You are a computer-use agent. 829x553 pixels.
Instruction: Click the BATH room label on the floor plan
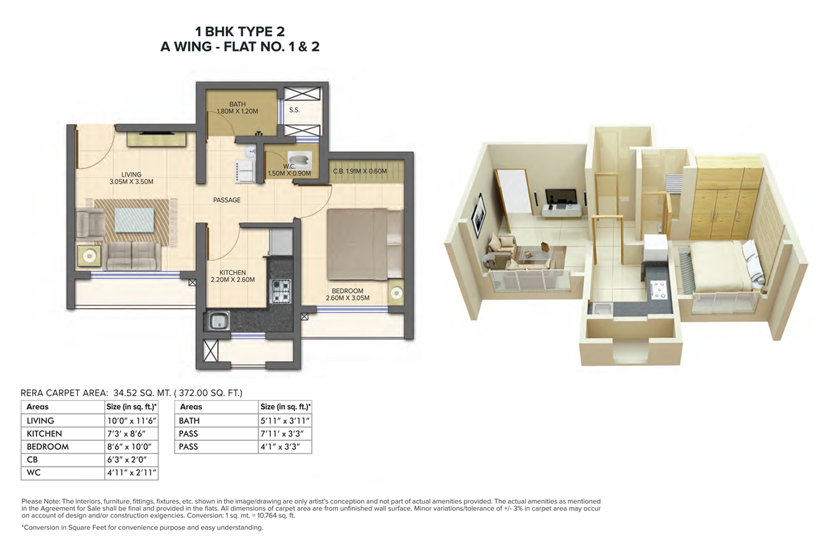[237, 104]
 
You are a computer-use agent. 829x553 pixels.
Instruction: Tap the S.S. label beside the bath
[294, 110]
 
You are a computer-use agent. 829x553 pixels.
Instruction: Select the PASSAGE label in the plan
[227, 200]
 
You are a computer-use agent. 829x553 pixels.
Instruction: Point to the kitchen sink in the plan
[218, 320]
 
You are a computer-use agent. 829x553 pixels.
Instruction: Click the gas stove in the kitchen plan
[281, 290]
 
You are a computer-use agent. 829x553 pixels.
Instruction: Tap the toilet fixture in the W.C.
[300, 159]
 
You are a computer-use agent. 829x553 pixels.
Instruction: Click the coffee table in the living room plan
[134, 220]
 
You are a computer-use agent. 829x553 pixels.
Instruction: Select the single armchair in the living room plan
[90, 223]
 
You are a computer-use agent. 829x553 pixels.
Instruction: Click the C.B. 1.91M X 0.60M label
[360, 171]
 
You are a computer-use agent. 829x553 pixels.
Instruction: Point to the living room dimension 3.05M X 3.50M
[132, 182]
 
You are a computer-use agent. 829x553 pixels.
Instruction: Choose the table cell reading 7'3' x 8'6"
[126, 434]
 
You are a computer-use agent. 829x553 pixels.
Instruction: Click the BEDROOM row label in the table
[48, 447]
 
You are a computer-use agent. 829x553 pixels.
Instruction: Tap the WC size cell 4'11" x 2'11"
[132, 473]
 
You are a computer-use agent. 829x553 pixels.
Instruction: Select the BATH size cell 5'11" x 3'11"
[285, 421]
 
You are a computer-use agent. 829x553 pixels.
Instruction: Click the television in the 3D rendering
[561, 197]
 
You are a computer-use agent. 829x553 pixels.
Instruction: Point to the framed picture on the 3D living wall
[479, 213]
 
